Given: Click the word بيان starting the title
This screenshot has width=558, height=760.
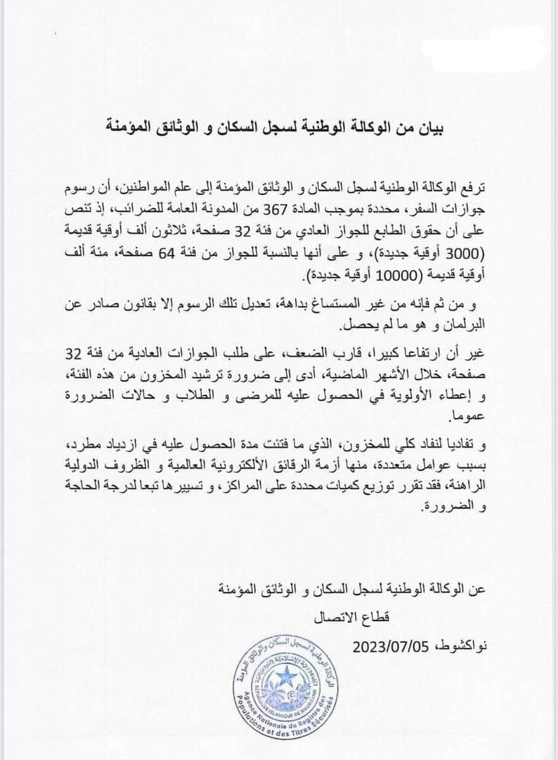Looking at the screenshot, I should [430, 129].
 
